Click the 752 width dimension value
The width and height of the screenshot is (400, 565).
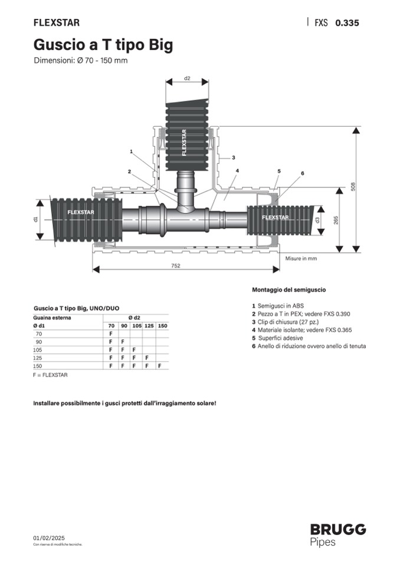(176, 266)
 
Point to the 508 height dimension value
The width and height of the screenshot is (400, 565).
(353, 187)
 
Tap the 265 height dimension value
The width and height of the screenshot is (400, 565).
(336, 220)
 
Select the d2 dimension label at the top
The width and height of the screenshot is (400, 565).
(187, 78)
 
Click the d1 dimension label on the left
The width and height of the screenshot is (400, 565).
(35, 219)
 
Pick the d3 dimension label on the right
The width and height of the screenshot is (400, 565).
(317, 220)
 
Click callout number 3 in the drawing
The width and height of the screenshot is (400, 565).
(234, 157)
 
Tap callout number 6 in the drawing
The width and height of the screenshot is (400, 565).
(302, 173)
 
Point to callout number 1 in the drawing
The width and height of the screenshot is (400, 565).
(132, 151)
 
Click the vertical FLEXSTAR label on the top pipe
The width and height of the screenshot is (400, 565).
(184, 143)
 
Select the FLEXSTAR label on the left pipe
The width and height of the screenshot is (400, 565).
(81, 212)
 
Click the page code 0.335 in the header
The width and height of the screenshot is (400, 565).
(347, 23)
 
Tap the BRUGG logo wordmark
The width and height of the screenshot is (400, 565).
(338, 530)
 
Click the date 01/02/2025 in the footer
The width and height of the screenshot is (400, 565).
(49, 538)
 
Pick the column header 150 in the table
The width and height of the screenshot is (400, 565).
(163, 326)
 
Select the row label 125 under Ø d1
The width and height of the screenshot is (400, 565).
(38, 358)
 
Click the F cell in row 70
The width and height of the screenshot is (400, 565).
(111, 333)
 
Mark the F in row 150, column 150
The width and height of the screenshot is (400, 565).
(159, 366)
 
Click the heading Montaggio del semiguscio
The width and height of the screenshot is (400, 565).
(289, 290)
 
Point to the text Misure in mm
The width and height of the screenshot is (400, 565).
(301, 259)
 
